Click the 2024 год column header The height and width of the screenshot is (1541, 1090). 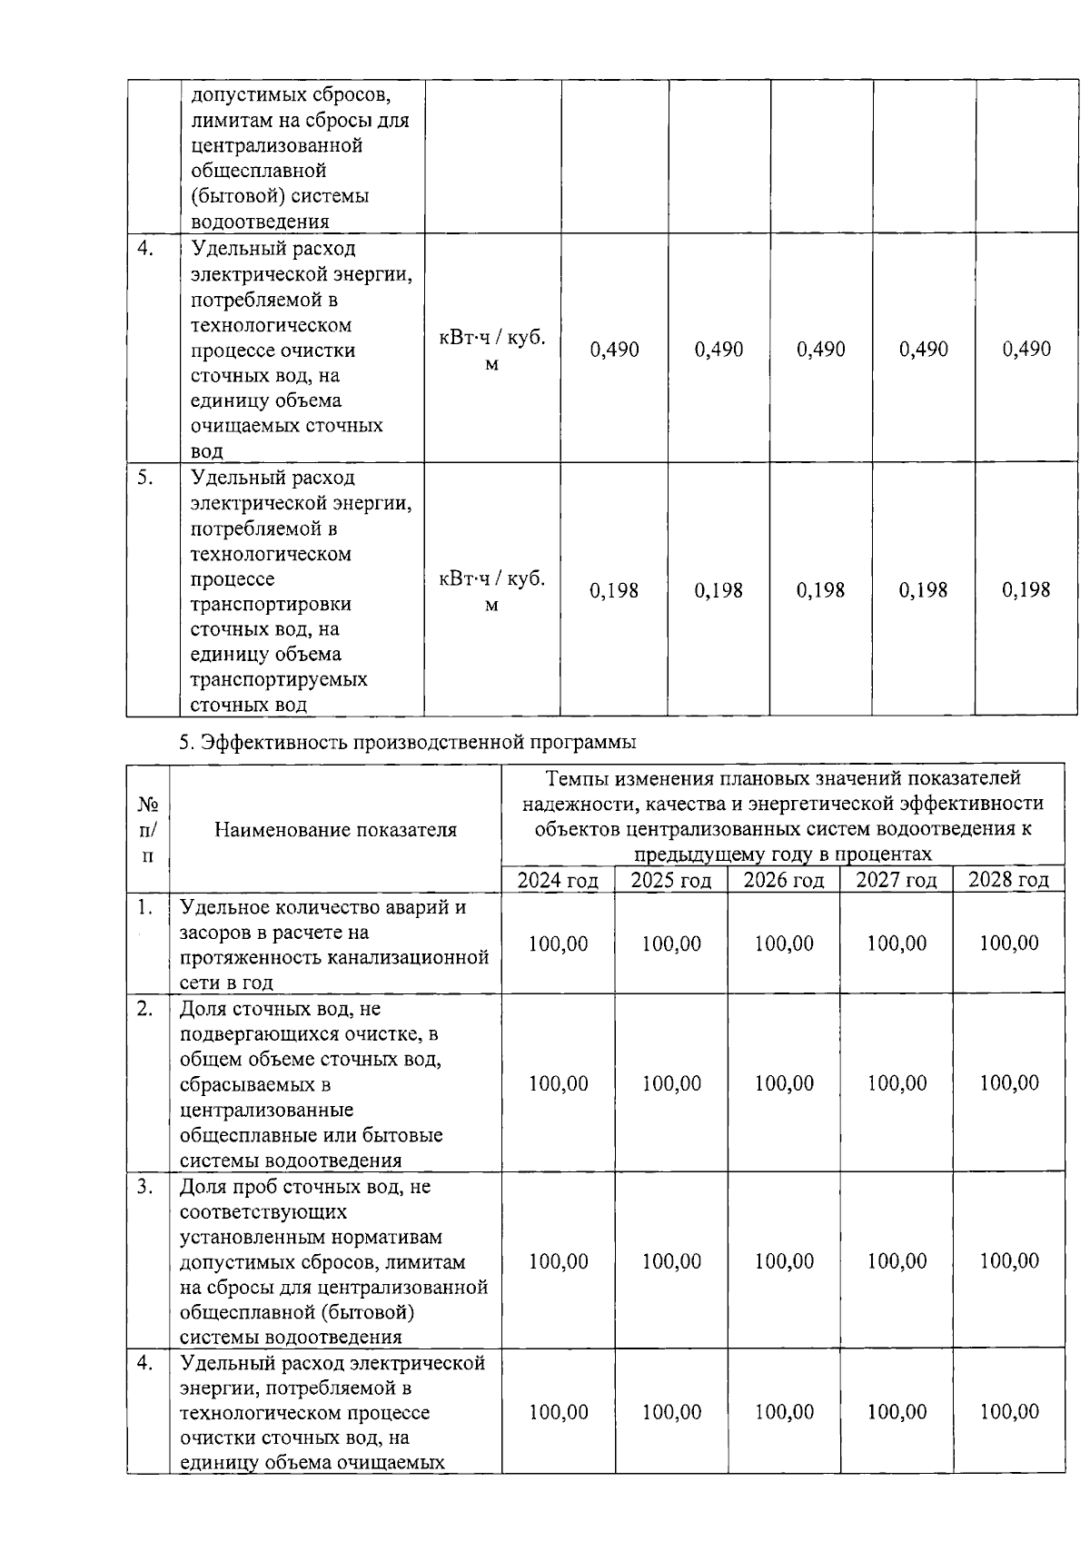558,880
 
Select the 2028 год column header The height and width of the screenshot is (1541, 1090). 1008,880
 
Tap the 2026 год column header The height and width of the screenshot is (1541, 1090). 783,880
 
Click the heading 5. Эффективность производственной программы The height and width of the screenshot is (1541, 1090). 407,742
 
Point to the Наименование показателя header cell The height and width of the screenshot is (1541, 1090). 335,829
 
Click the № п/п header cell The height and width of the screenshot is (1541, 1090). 147,829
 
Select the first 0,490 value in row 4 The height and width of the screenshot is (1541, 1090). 615,350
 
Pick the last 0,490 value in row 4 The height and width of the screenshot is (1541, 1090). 1026,350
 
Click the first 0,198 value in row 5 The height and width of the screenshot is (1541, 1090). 615,590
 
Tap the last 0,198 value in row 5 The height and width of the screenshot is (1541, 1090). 1026,590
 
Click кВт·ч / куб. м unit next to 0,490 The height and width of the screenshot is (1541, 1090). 491,350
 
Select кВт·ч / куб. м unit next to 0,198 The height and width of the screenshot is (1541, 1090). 491,591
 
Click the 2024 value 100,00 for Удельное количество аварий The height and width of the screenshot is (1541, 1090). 558,943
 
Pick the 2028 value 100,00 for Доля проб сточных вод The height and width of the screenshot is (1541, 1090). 1008,1260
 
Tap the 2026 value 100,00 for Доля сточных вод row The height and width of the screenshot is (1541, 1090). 783,1083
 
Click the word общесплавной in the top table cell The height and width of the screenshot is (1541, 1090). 259,171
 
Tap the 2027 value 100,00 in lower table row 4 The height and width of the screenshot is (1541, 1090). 897,1411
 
